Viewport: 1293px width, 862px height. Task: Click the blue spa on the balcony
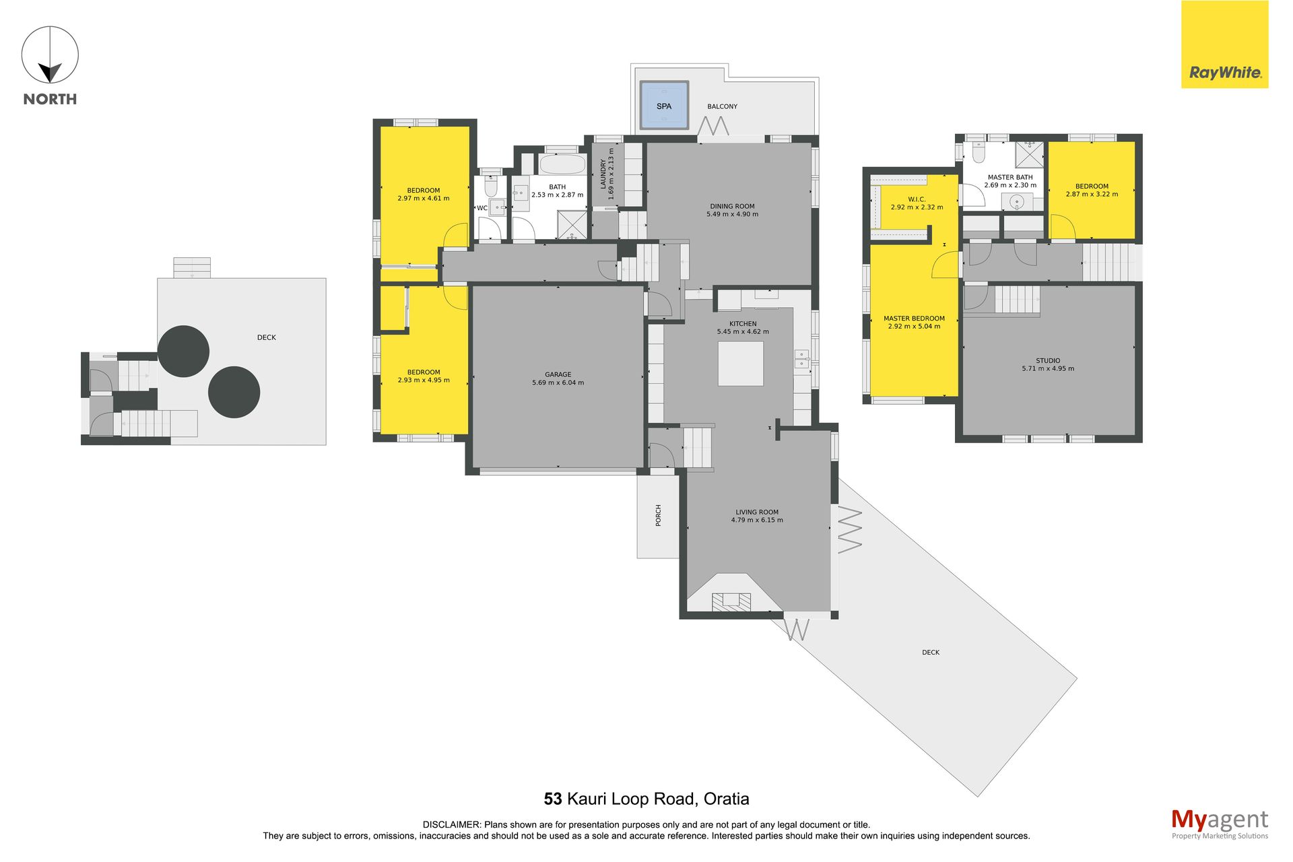[x=664, y=105]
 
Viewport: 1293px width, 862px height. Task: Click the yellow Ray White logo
[x=1224, y=44]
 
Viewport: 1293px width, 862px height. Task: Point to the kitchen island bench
[x=740, y=364]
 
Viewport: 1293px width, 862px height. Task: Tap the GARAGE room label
[x=558, y=374]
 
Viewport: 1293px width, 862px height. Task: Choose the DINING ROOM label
[x=732, y=207]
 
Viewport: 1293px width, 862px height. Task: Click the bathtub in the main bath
[x=562, y=165]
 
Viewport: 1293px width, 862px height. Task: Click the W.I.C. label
[x=917, y=199]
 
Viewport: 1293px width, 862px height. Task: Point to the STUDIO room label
[x=1048, y=361]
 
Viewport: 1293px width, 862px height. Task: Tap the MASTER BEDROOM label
[x=914, y=319]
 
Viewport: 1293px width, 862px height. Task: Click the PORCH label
[x=658, y=515]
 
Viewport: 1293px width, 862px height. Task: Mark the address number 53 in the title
[x=553, y=799]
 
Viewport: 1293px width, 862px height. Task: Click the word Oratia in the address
[x=726, y=799]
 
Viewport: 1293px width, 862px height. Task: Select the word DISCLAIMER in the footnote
[x=452, y=824]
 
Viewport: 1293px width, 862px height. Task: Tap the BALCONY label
[x=722, y=106]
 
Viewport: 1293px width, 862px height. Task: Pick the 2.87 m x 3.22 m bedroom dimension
[x=1092, y=194]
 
